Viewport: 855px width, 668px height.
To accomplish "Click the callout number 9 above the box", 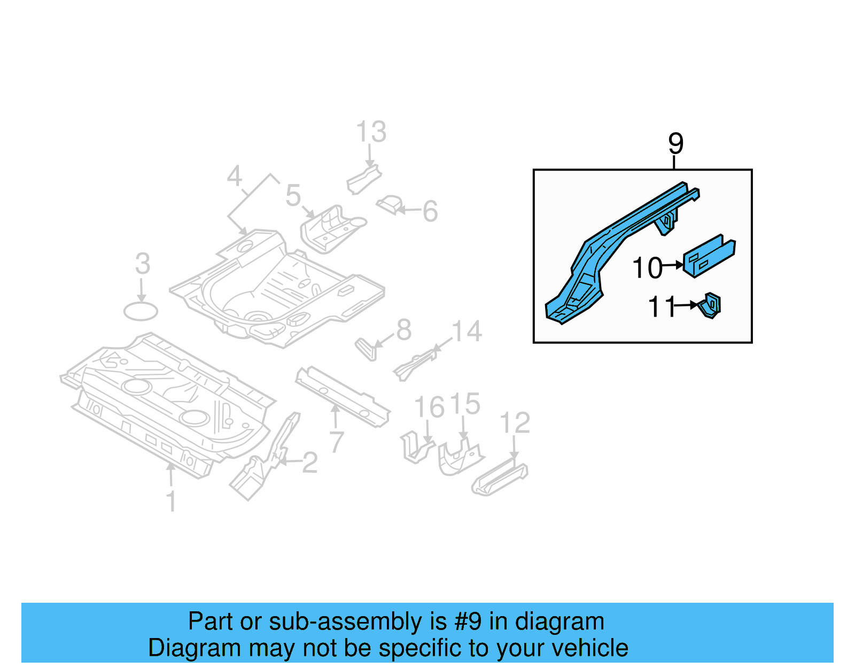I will pyautogui.click(x=675, y=143).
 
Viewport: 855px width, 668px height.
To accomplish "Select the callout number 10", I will pyautogui.click(x=647, y=268).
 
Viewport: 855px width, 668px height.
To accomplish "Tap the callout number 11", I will pyautogui.click(x=662, y=308).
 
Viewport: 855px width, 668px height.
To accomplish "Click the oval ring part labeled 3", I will pyautogui.click(x=141, y=311).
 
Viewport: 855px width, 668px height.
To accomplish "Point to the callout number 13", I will pyautogui.click(x=371, y=132).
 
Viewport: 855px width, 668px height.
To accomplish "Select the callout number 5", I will pyautogui.click(x=293, y=195).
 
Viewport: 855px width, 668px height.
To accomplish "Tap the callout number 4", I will pyautogui.click(x=235, y=176).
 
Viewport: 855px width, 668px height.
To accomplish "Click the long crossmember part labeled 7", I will pyautogui.click(x=342, y=396).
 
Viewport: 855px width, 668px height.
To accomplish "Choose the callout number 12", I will pyautogui.click(x=515, y=423).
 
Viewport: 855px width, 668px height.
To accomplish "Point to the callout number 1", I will pyautogui.click(x=171, y=501).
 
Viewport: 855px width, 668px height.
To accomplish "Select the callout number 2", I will pyautogui.click(x=310, y=463).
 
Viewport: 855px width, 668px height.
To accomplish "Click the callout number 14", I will pyautogui.click(x=467, y=332).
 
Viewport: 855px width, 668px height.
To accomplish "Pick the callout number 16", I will pyautogui.click(x=429, y=407).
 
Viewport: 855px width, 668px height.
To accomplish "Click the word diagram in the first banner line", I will pyautogui.click(x=559, y=622).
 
